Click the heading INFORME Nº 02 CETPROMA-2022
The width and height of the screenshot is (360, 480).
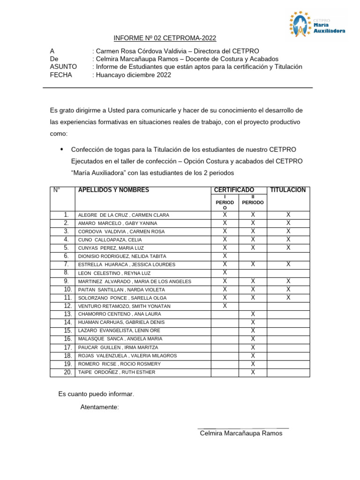[x=165, y=38]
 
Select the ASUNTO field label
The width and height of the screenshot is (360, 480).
[x=63, y=67]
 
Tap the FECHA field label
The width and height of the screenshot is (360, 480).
[x=61, y=75]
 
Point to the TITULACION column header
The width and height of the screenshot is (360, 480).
[x=288, y=190]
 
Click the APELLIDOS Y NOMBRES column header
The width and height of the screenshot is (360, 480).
[x=113, y=190]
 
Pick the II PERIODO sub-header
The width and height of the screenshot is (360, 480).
[x=253, y=200]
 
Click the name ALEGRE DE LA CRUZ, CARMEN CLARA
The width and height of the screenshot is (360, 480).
[x=123, y=215]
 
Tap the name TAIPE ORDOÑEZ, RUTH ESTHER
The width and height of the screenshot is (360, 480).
[x=116, y=372]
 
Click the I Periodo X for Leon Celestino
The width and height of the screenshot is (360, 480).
[x=225, y=272]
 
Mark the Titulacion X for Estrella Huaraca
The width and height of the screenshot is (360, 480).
[x=288, y=264]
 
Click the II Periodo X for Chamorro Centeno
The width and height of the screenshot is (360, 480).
[x=253, y=314]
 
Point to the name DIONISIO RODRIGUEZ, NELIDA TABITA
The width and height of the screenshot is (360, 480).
[x=122, y=256]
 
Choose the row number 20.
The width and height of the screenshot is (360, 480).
[x=67, y=372]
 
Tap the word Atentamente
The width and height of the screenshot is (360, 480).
[x=99, y=407]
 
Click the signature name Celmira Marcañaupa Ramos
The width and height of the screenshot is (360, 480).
[x=241, y=433]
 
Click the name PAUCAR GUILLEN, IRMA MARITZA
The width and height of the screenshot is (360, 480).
[x=118, y=347]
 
